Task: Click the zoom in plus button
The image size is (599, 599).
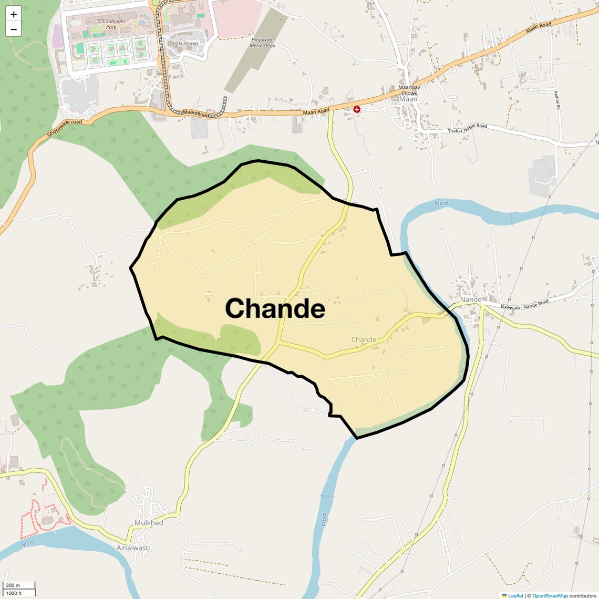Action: pos(14,15)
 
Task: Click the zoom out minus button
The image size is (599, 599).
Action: pos(14,29)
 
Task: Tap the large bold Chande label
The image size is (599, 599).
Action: pos(275,308)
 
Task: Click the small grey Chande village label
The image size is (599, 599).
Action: pos(364,340)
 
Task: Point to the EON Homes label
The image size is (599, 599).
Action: pos(186,44)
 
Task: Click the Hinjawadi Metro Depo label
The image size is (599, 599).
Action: pos(263,43)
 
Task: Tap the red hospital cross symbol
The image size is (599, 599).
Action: pos(357,109)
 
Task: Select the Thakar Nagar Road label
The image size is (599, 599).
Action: pos(467,128)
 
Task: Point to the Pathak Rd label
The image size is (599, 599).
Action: pos(557,100)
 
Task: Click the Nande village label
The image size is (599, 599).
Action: pos(471,299)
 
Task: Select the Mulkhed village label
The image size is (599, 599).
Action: pos(149,523)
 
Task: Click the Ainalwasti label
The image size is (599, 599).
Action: pos(133,548)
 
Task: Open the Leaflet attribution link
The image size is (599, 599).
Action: pos(515,595)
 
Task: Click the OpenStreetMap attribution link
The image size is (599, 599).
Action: pos(550,595)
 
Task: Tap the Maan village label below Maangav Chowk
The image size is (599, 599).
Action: pos(408,99)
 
